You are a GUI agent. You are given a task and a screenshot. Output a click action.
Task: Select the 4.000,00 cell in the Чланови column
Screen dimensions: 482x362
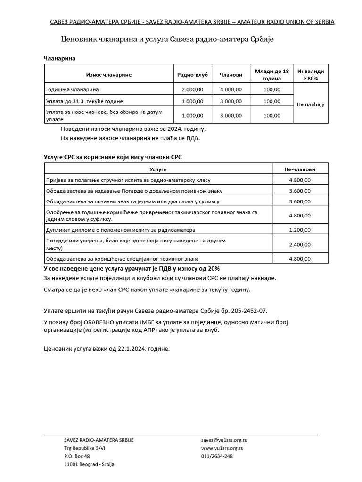click(231, 89)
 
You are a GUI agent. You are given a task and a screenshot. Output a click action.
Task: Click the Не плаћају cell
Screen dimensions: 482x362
click(311, 104)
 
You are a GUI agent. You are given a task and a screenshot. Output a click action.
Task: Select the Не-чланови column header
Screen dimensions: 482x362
click(300, 169)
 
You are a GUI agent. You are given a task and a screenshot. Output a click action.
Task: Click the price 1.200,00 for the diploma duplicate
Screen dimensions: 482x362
click(300, 230)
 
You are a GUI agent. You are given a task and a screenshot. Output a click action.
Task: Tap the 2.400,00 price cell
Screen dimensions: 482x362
click(300, 244)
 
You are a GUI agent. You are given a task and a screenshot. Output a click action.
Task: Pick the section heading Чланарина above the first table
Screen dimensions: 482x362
click(60, 58)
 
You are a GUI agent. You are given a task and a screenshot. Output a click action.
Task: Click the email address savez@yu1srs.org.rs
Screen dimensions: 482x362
click(224, 440)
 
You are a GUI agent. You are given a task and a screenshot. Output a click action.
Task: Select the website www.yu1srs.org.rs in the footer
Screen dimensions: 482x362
click(222, 448)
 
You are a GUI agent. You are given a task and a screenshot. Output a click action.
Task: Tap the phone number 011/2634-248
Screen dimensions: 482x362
click(217, 456)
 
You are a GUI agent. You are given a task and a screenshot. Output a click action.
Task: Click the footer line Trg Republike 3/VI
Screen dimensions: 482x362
click(85, 448)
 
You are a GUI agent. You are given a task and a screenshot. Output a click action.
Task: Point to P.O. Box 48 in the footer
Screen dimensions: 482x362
click(77, 456)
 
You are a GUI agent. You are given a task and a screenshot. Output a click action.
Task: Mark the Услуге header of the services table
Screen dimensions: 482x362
click(158, 169)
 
